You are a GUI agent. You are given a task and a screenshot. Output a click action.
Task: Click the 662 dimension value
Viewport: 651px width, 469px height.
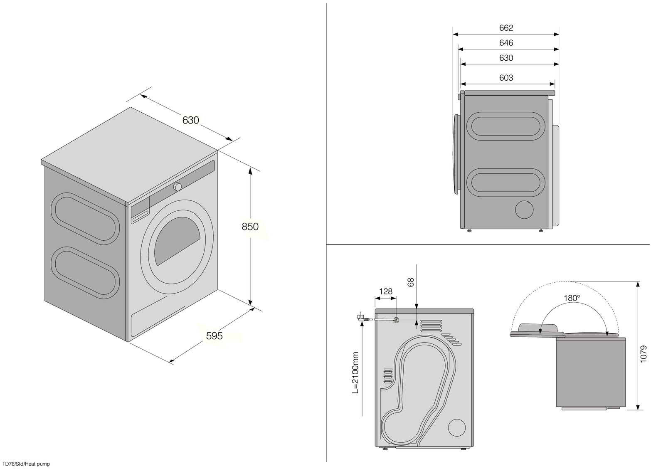506,28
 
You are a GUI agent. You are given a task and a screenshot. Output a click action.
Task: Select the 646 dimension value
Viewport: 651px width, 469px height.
506,43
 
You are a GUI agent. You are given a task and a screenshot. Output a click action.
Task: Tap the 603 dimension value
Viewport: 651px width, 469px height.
506,78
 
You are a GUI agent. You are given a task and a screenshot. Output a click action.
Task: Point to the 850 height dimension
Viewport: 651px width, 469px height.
250,227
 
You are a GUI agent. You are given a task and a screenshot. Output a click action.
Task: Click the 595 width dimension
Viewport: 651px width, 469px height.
215,336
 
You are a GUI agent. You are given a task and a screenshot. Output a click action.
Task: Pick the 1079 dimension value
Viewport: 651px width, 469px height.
644,354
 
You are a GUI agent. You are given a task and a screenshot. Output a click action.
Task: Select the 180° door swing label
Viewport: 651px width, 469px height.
572,298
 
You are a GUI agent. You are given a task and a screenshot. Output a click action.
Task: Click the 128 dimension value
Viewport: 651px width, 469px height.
386,291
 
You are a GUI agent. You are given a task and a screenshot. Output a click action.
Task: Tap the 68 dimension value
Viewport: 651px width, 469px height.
411,282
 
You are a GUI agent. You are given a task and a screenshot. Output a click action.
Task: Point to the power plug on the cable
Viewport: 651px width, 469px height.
360,318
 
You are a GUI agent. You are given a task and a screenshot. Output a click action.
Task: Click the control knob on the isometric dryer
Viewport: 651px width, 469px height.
178,186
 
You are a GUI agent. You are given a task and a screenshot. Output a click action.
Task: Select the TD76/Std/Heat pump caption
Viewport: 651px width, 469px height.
26,464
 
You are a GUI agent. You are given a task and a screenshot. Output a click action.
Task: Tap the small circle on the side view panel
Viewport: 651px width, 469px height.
524,210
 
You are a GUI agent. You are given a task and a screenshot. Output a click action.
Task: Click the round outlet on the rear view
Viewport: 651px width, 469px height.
457,428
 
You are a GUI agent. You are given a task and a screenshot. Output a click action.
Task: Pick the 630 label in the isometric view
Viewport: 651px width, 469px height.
191,120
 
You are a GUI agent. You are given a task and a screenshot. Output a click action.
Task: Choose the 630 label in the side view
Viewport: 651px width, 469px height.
506,58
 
